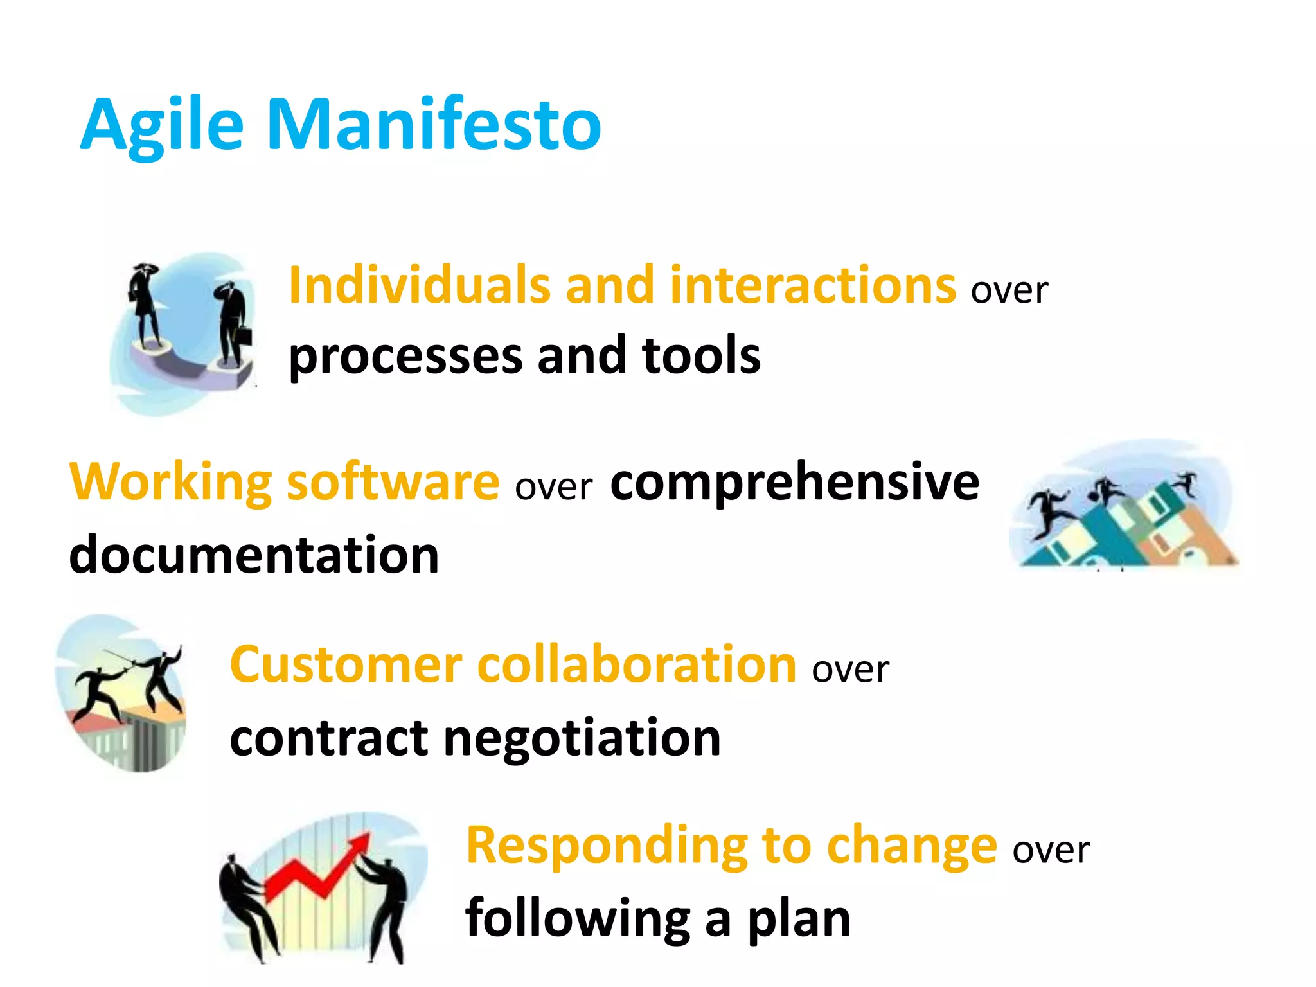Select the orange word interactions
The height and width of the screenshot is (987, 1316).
coord(813,285)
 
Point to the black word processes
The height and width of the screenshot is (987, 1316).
coord(405,357)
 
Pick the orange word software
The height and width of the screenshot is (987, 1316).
coord(393,482)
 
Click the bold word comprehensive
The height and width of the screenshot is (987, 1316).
coord(794,482)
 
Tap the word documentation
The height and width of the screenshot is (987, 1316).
coord(254,555)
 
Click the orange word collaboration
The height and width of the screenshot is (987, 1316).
coord(637,665)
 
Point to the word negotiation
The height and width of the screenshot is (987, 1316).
coord(582,738)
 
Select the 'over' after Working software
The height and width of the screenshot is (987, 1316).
coord(553,487)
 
